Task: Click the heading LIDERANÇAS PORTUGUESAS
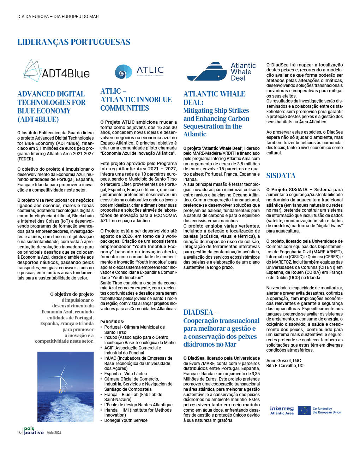click(74, 42)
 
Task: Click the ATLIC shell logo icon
click(123, 72)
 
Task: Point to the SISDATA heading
click(281, 176)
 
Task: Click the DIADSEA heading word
click(198, 312)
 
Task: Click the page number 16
click(19, 432)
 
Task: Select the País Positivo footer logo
click(34, 431)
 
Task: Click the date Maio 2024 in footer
click(54, 433)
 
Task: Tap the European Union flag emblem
click(304, 410)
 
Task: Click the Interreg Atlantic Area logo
click(282, 410)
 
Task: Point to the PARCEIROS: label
click(112, 322)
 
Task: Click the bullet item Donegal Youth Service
click(126, 420)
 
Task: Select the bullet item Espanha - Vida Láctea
click(125, 374)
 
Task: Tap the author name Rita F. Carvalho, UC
click(284, 366)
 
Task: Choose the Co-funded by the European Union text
click(326, 411)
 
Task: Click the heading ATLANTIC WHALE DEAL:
click(214, 98)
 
